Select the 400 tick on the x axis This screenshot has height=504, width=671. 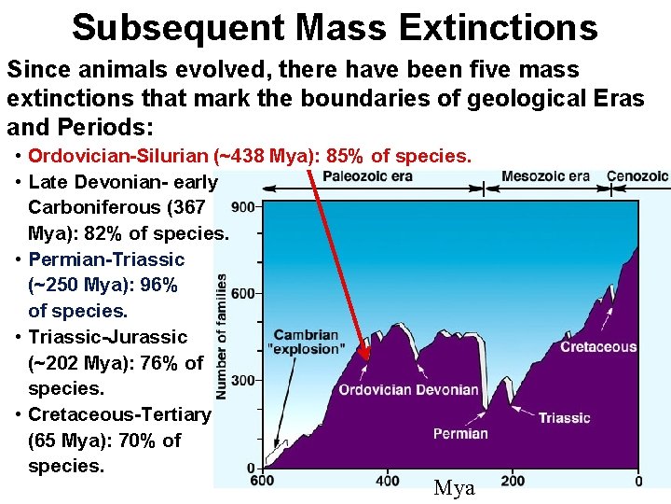point(388,481)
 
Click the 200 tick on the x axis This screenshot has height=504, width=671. point(513,481)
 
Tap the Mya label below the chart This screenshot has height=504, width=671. point(455,488)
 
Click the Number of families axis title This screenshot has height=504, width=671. point(222,336)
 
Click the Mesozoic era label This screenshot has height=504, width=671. point(545,176)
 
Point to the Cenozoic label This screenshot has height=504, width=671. point(637,176)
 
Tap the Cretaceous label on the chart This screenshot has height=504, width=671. point(598,347)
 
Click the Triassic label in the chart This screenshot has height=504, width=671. point(564,417)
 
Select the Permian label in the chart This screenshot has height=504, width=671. point(460,433)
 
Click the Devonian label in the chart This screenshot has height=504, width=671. point(444,389)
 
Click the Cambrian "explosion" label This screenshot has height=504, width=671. point(306,343)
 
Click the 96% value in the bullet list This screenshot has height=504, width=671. point(163,285)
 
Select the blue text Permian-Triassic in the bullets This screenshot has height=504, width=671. point(106,259)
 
